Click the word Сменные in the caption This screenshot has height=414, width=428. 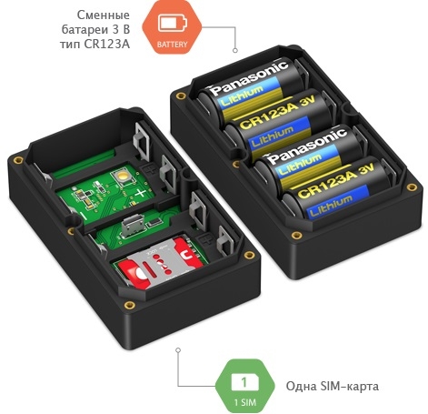pos(104,15)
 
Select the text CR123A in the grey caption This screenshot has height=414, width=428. pos(107,44)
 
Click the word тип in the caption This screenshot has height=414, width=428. pos(70,45)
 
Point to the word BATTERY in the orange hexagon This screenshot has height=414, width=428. pos(172,45)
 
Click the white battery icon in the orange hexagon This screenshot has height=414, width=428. pos(173,23)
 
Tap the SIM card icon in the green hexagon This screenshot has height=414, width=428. pos(244,382)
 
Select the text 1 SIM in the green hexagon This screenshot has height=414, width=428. pos(244,402)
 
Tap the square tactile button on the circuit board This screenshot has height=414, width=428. pos(124,177)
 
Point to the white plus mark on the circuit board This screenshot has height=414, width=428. pos(140,193)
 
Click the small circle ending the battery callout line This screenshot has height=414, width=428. pos(235,50)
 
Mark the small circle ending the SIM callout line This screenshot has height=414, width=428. pos(178,350)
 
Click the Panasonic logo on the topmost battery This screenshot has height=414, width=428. pos(249,76)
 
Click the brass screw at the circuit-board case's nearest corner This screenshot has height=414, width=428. pos(130,305)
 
